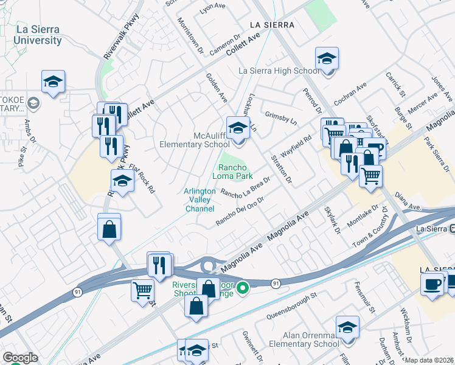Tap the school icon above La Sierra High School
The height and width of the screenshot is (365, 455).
[327, 60]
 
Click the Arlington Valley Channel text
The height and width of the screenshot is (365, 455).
[200, 200]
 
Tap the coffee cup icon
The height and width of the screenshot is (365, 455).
[432, 285]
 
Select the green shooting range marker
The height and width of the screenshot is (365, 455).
[243, 287]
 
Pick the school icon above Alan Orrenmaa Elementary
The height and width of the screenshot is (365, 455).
[347, 328]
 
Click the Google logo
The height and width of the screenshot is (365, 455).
[19, 358]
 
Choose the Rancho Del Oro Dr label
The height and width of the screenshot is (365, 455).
[239, 211]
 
